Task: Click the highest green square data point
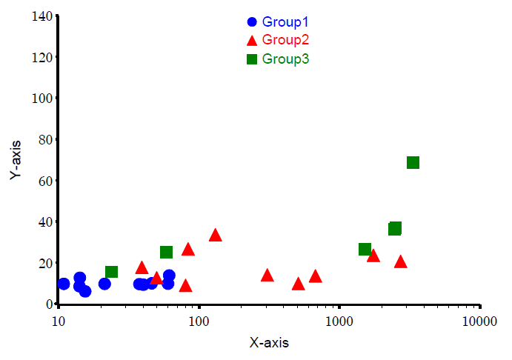(413, 163)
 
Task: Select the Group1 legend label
(285, 22)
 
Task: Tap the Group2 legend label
(285, 40)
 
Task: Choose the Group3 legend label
(285, 59)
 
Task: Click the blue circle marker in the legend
(252, 22)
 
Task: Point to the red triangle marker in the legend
(252, 40)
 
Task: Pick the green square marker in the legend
(252, 59)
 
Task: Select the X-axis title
(269, 343)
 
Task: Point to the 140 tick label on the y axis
(41, 16)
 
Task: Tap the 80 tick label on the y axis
(44, 139)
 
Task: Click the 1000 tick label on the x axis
(339, 321)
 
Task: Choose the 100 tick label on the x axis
(199, 321)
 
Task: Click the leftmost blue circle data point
(64, 284)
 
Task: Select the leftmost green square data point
(111, 272)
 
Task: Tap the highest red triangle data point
(216, 236)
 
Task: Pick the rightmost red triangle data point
(401, 261)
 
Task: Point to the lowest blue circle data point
(85, 291)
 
